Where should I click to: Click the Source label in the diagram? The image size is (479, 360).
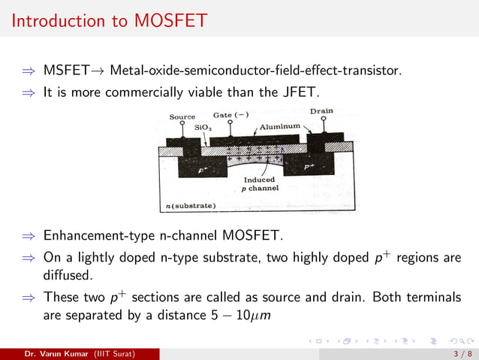point(182,116)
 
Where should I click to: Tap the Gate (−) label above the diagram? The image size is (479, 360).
point(231,115)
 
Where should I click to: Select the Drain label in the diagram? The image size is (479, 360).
point(321,111)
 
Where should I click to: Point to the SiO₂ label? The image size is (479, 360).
point(202,128)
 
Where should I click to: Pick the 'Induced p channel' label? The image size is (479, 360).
point(261,184)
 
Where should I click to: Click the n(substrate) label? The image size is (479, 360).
point(191,205)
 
